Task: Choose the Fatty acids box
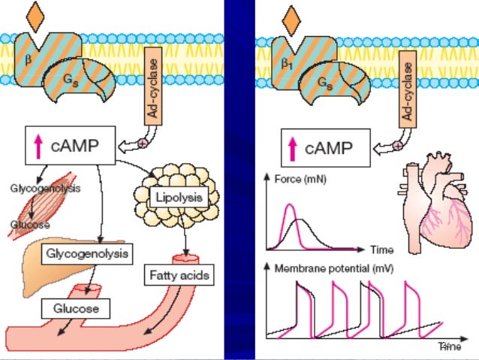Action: [x=178, y=276]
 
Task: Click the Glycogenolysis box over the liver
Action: [x=89, y=253]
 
